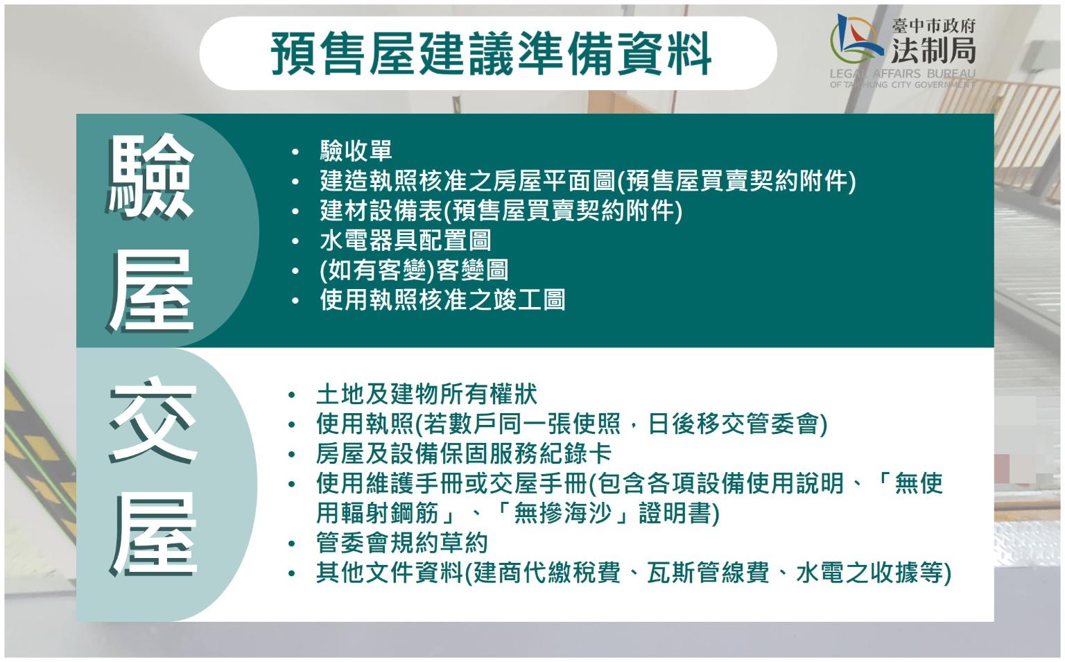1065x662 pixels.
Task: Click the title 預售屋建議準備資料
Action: (491, 53)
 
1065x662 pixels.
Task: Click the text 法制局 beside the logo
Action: (934, 50)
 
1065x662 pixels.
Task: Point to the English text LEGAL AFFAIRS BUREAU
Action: (902, 73)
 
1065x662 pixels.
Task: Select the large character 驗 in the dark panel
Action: (151, 177)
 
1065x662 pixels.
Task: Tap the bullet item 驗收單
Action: (356, 150)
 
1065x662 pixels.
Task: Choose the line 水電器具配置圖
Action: (406, 240)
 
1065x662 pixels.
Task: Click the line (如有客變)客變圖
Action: (414, 270)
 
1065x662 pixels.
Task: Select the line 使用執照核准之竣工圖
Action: (442, 300)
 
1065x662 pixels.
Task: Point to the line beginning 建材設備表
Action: (501, 211)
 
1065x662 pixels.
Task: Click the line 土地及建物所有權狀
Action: (427, 394)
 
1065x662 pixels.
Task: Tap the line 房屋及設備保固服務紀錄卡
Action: (464, 453)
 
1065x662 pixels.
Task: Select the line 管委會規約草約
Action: (402, 543)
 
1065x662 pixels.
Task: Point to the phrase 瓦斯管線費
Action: (708, 573)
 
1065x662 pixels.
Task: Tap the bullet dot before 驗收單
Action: (295, 152)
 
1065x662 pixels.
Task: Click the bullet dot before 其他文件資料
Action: (291, 573)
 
